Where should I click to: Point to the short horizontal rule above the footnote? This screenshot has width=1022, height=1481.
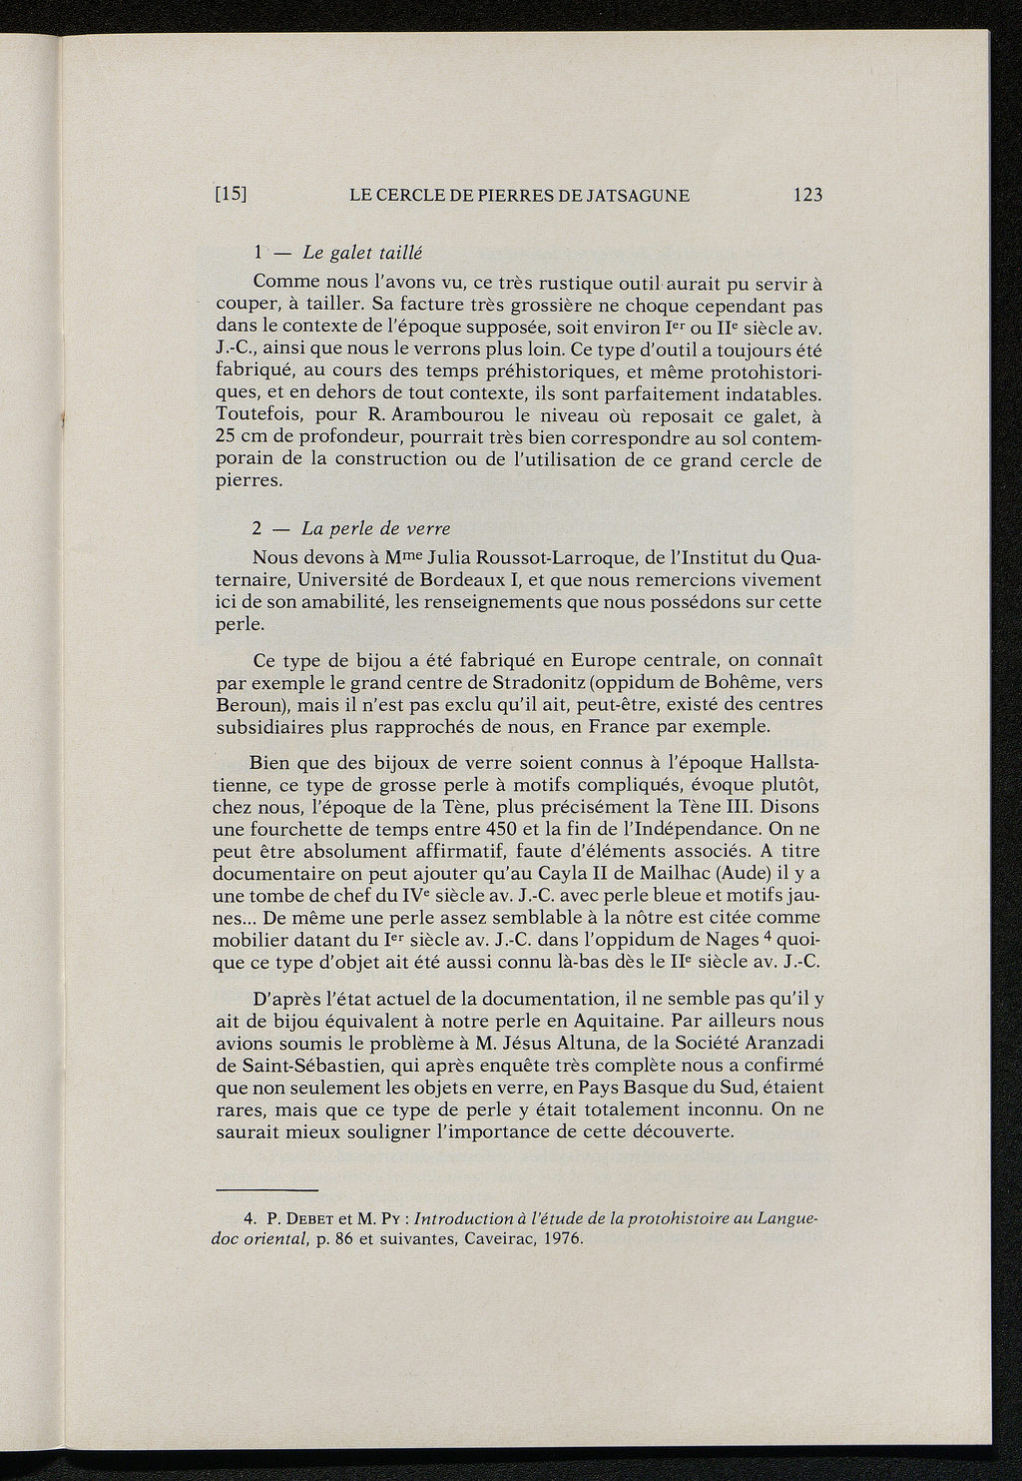[266, 1190]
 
